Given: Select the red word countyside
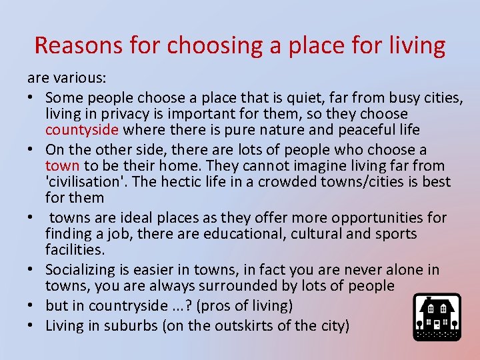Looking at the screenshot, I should (82, 129).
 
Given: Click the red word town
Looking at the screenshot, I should (62, 165).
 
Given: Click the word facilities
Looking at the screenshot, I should (75, 249).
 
